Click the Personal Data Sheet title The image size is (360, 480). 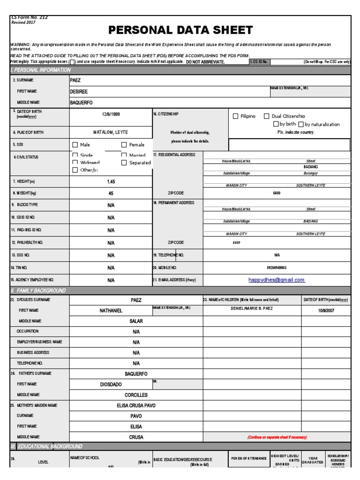coord(180,30)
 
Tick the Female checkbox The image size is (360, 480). coord(124,145)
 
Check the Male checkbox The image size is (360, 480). coord(75,145)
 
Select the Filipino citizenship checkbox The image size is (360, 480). coord(236,116)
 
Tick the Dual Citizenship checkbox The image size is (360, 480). coord(267,116)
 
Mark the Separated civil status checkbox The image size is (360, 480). coord(124,163)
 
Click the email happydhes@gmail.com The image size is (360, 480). coord(277,280)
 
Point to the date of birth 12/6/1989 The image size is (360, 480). coord(111,114)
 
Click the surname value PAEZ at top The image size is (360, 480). coord(75,80)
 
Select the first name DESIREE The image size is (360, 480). coord(79,91)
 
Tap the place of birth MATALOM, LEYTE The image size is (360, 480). coord(111,132)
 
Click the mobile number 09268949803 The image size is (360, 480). coord(277,268)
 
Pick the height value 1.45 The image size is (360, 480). coord(111,181)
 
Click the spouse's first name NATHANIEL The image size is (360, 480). coord(111,310)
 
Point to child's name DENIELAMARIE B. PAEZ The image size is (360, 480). coord(251,308)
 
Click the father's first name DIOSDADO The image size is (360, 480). coord(111,384)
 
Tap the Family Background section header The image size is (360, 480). coord(38,291)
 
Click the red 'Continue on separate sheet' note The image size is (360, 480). coord(277,437)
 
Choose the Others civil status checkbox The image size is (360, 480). coord(75,170)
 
